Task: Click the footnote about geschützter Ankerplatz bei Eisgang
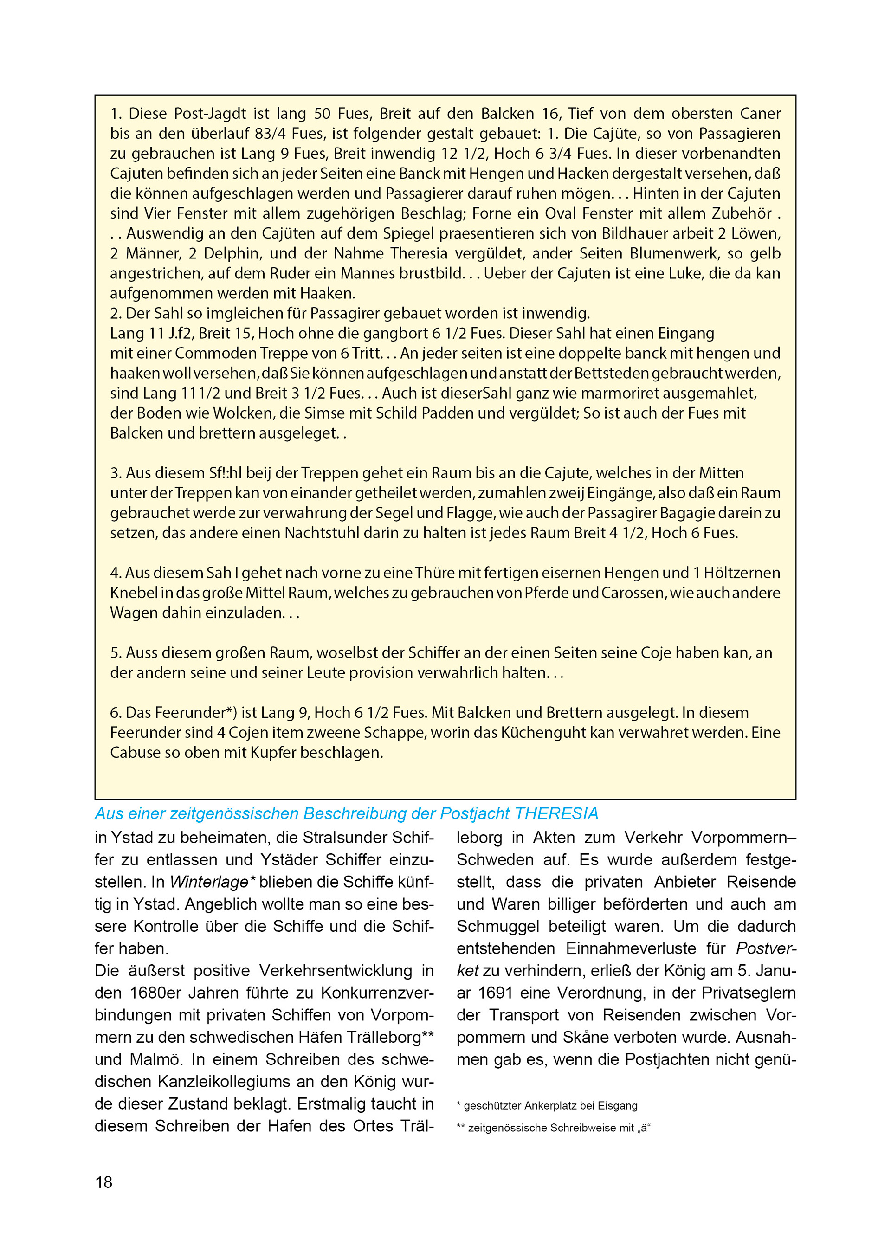(547, 1105)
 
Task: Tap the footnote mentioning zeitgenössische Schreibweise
(554, 1128)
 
